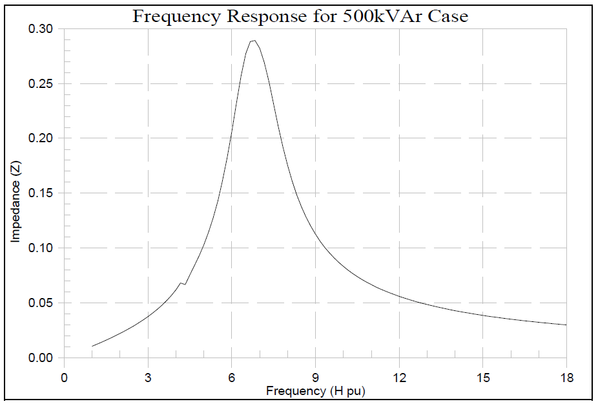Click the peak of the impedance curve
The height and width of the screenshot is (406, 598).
(254, 41)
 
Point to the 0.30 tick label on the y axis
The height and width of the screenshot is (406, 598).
(41, 29)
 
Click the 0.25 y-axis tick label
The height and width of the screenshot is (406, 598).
(41, 84)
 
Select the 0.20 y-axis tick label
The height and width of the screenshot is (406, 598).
(41, 138)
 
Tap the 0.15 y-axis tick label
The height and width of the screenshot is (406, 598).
(41, 193)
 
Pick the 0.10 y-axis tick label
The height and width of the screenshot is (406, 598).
(41, 248)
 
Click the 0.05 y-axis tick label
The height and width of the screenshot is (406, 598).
(41, 303)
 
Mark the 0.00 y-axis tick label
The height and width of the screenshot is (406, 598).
(41, 358)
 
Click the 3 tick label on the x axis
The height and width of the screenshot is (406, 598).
(148, 378)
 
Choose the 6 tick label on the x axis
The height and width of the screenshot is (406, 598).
(232, 378)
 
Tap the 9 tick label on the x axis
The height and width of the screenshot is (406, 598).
(316, 378)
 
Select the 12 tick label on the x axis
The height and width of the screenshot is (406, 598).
(399, 378)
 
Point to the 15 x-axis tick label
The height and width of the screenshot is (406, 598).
(483, 378)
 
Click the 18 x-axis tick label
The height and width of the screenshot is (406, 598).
(566, 378)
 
